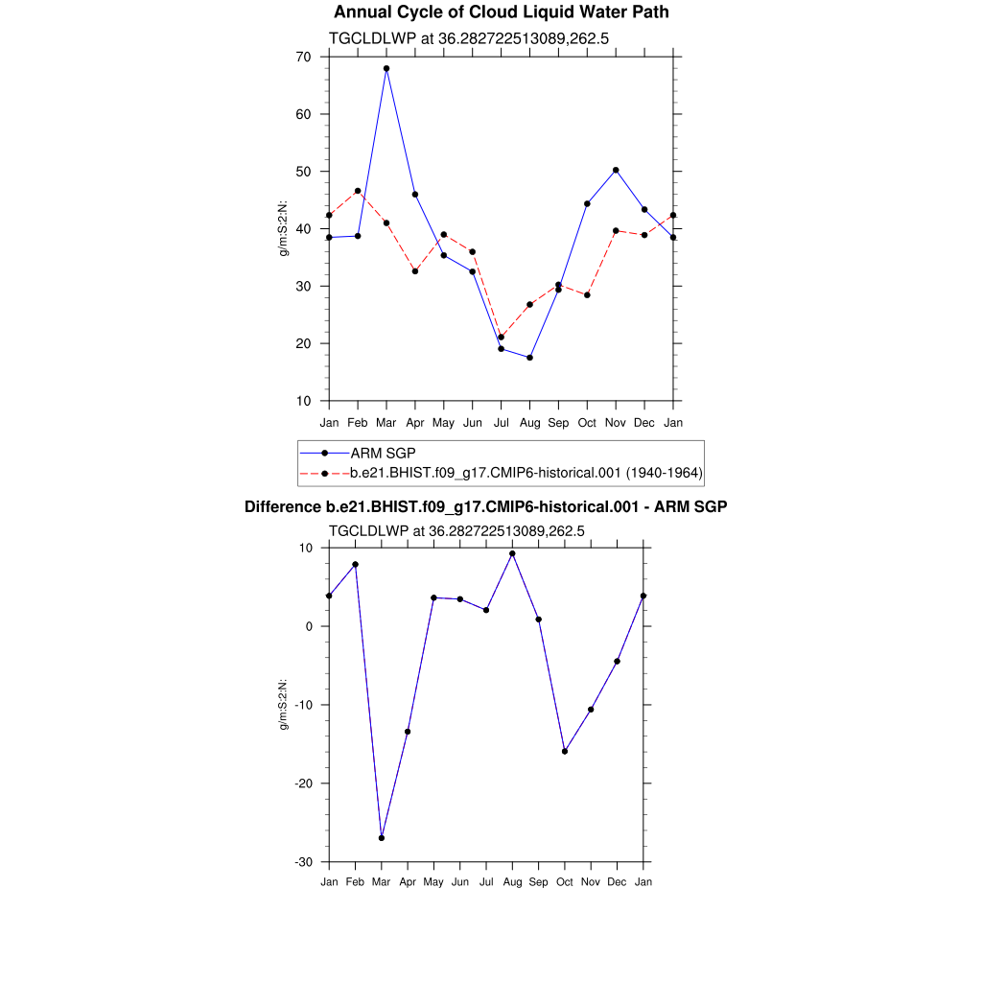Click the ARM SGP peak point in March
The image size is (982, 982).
(x=386, y=69)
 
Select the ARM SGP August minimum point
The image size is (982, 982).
(x=529, y=358)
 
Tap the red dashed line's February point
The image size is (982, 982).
(x=358, y=191)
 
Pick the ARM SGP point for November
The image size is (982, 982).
(x=616, y=170)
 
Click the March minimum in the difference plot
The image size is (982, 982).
(x=382, y=838)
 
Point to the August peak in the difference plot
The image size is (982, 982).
(x=512, y=553)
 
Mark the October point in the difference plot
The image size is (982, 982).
(x=565, y=752)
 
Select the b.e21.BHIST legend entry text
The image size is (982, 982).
(x=526, y=473)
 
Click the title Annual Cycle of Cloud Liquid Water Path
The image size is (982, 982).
(x=501, y=12)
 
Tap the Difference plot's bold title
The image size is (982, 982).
(x=485, y=506)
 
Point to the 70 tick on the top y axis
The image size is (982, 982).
(x=303, y=57)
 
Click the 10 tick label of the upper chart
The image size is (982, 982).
(x=303, y=401)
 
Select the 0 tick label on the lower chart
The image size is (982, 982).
(x=310, y=626)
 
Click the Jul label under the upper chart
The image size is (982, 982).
(x=501, y=423)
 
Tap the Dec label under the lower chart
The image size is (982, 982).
(x=617, y=882)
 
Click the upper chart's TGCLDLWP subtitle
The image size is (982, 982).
(x=469, y=39)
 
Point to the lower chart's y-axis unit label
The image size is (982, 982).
(x=284, y=705)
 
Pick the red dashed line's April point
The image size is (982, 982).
(x=415, y=271)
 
